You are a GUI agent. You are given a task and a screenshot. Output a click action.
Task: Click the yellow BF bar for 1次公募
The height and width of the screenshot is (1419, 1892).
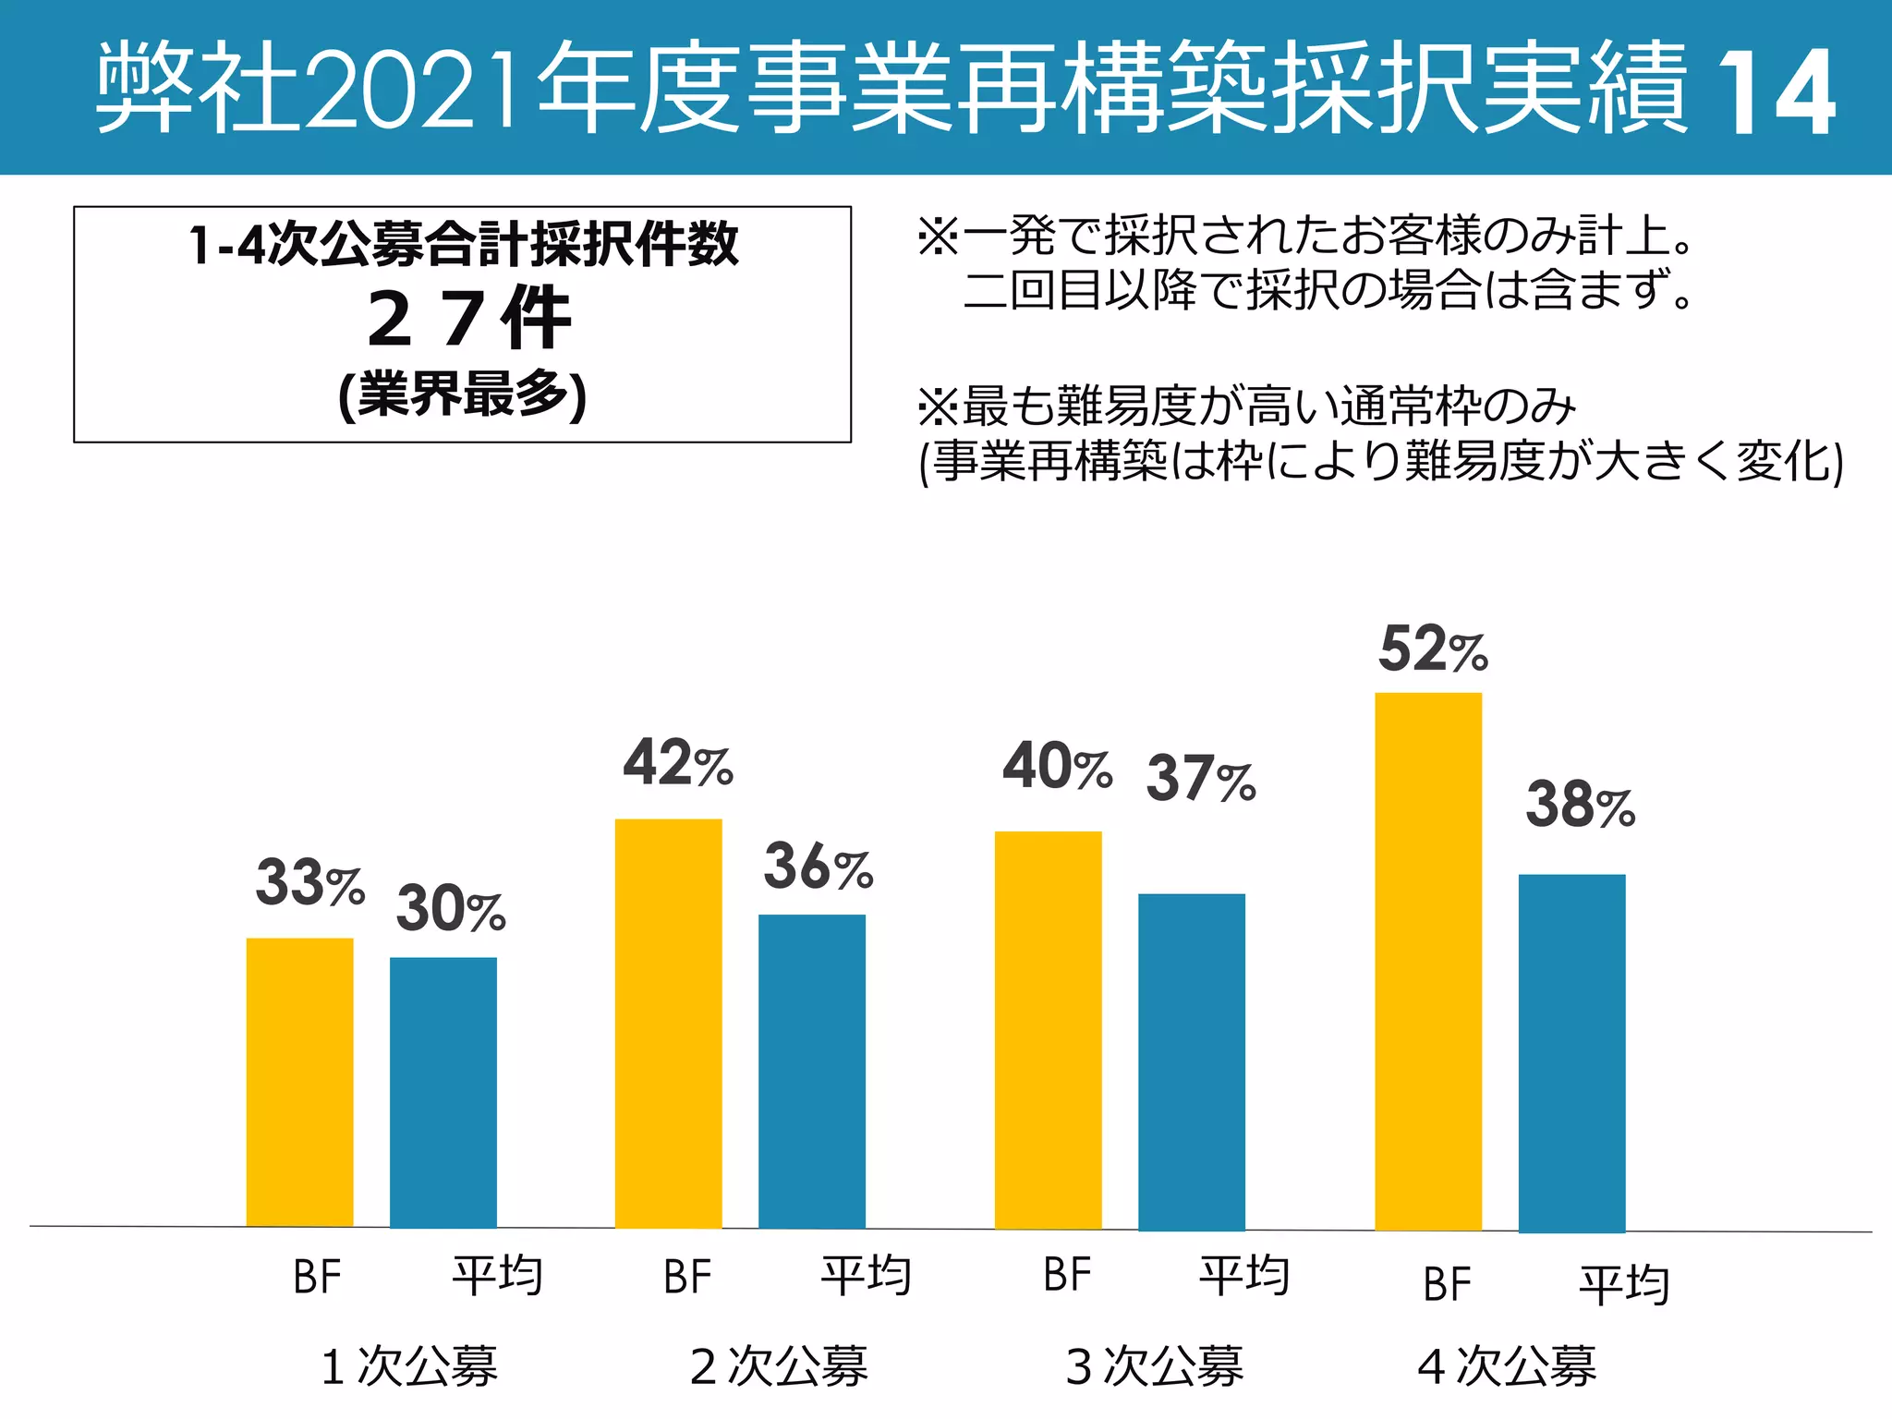pos(299,1082)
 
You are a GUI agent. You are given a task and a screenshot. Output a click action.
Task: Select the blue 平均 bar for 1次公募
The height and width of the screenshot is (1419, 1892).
pos(443,1092)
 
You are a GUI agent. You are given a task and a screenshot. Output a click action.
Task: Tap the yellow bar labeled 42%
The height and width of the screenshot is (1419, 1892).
pos(668,1023)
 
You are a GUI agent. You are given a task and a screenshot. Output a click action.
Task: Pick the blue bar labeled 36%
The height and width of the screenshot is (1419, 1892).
pos(811,1071)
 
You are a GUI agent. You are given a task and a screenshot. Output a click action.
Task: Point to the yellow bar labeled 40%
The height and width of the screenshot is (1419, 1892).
pos(1048,1029)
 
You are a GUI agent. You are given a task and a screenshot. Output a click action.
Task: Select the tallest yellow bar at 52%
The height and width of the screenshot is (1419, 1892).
pos(1427,961)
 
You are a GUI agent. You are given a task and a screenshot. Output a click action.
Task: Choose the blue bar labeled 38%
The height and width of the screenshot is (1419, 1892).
pos(1571,1052)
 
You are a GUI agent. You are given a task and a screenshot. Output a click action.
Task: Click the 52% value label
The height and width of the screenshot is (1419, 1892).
pos(1433,649)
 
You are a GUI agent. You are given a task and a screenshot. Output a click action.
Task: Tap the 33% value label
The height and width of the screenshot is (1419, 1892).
pos(309,882)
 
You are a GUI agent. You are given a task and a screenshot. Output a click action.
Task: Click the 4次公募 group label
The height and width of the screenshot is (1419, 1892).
pos(1507,1365)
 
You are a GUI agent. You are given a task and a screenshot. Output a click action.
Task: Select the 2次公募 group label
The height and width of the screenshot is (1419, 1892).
pos(779,1365)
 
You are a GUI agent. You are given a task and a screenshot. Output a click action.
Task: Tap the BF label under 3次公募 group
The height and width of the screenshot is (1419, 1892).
pos(1067,1276)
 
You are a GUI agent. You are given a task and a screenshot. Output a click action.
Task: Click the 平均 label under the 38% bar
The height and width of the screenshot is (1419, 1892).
pos(1624,1284)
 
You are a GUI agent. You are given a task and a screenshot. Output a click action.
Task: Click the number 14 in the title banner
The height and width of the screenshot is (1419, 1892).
pos(1775,92)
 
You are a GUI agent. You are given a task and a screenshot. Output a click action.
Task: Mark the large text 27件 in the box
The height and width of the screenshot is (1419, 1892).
pos(469,319)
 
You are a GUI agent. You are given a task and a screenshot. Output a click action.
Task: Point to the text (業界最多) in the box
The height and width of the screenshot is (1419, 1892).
pos(462,395)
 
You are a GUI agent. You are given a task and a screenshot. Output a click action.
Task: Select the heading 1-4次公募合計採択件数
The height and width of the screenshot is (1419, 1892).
pos(463,245)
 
